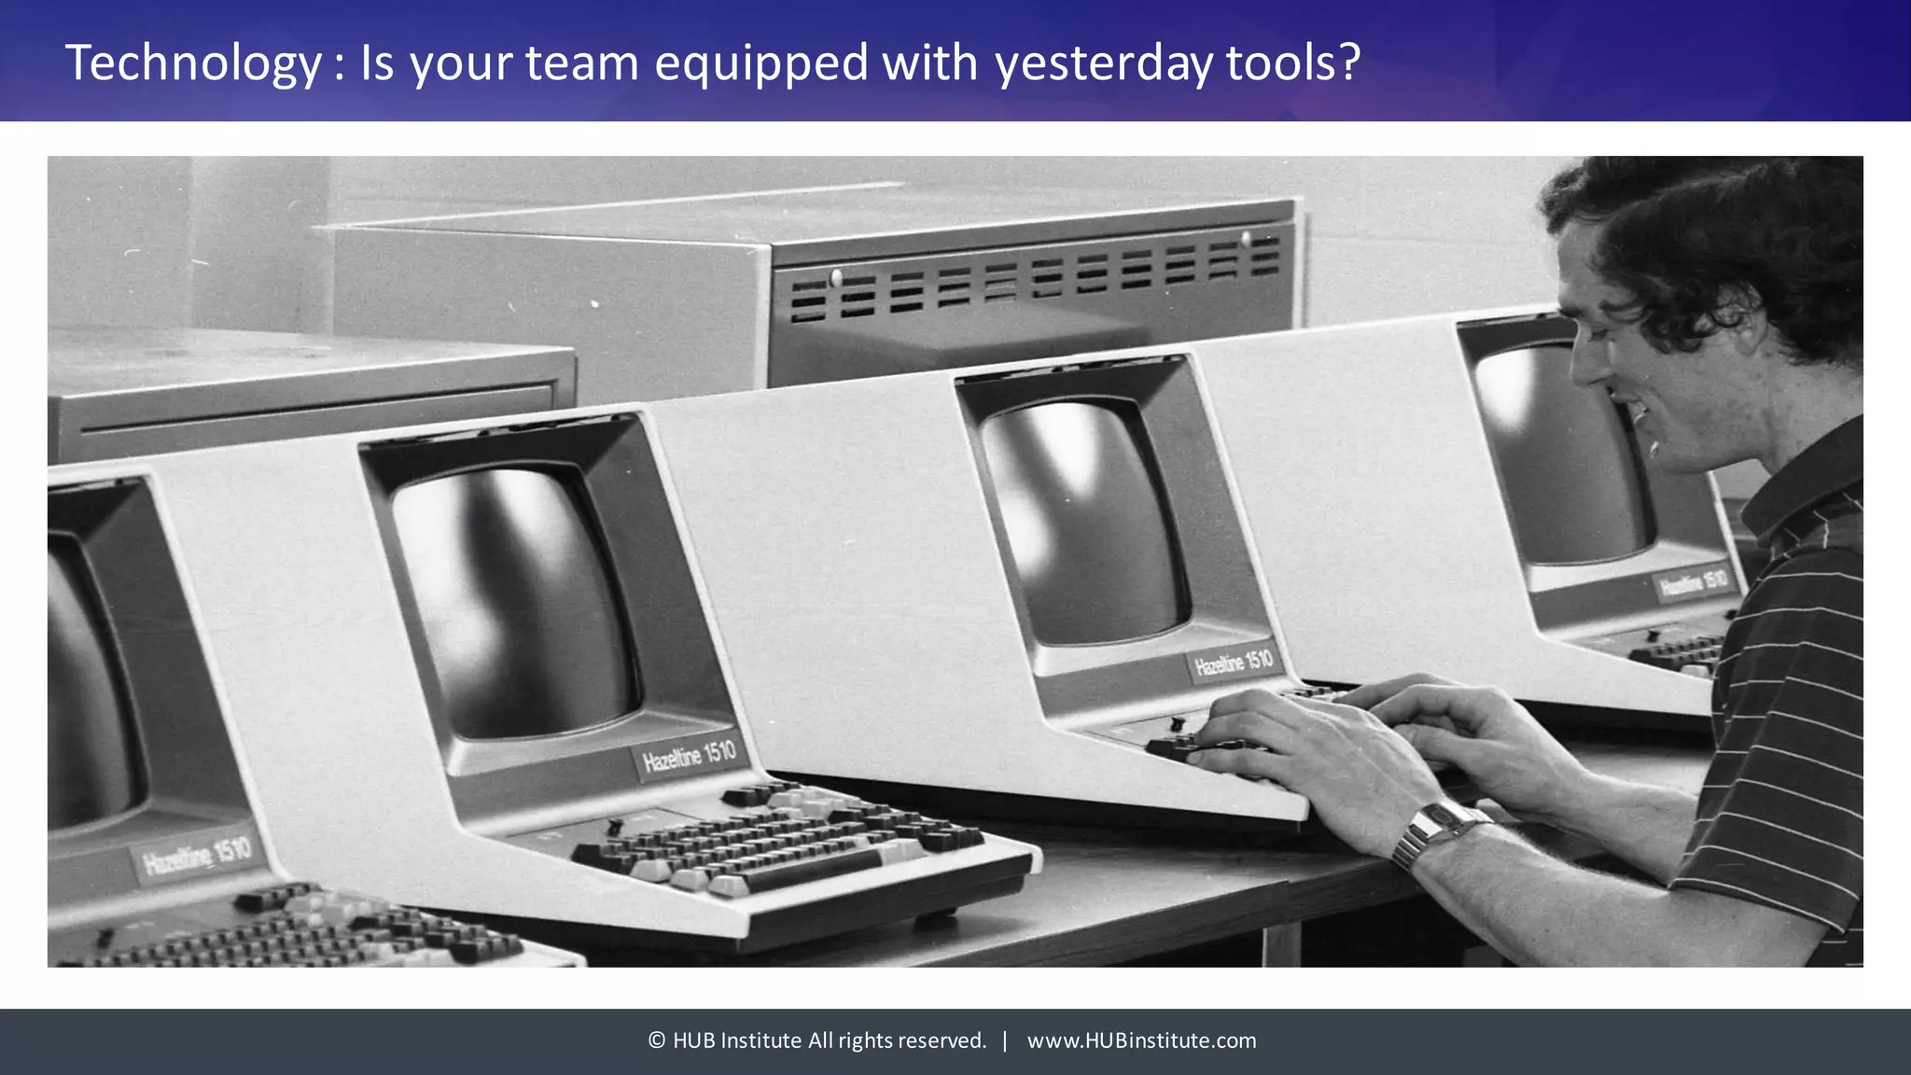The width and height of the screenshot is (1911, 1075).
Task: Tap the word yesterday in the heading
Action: [x=1103, y=63]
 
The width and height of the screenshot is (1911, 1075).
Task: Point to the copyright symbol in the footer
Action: [x=657, y=1040]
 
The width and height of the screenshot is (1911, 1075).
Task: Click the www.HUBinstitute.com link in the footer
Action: [x=1141, y=1040]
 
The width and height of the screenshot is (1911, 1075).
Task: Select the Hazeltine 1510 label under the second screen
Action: [x=689, y=756]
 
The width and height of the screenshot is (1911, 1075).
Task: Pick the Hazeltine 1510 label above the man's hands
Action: [x=1234, y=663]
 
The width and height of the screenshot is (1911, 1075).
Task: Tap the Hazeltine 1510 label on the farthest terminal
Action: [x=1693, y=583]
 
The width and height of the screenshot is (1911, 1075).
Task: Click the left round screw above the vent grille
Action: [x=835, y=276]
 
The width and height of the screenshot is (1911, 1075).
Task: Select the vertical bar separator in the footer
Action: [x=1005, y=1040]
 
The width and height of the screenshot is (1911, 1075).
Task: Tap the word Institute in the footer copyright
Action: [x=760, y=1040]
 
